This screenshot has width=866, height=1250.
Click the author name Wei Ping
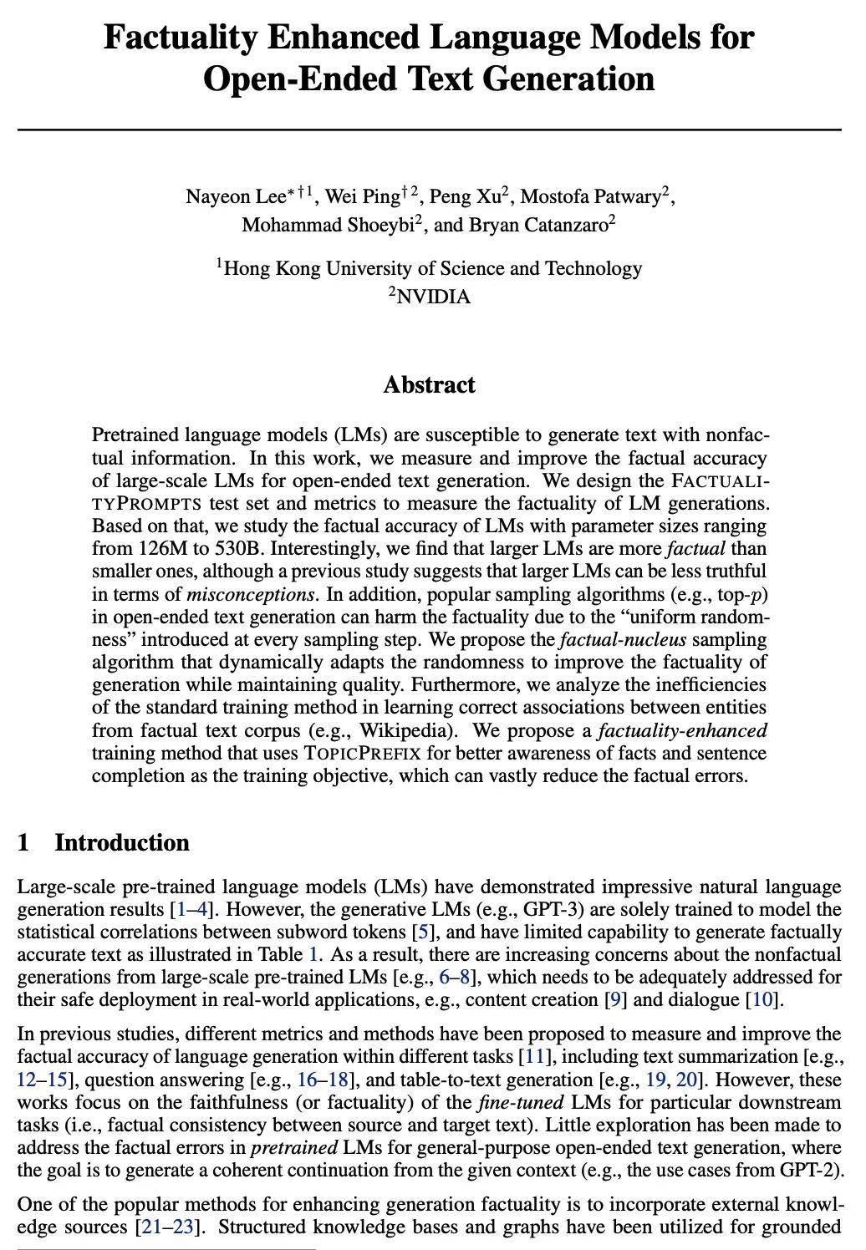coord(362,197)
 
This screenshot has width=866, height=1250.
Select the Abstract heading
coord(429,385)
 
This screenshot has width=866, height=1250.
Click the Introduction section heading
coord(121,842)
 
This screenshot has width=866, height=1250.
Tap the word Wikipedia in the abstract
coord(405,730)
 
